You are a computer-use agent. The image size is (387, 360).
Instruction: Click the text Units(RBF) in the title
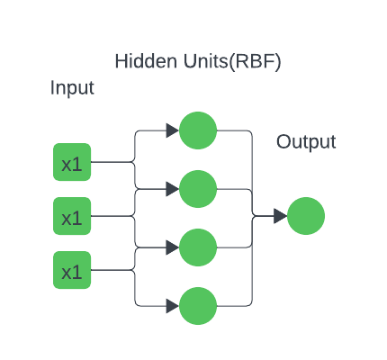228,62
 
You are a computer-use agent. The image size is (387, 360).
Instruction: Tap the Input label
72,88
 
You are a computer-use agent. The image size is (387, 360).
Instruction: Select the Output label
305,142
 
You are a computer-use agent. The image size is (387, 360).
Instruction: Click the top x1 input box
72,163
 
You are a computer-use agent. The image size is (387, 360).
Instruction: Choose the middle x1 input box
72,217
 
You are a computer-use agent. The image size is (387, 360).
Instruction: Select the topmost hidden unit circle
198,130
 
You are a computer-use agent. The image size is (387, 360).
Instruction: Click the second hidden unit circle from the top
198,189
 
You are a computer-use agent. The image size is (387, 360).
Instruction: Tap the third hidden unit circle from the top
198,247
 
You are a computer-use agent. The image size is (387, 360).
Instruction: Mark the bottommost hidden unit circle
198,306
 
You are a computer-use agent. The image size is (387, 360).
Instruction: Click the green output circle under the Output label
306,216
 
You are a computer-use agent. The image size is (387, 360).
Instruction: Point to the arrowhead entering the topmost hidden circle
172,130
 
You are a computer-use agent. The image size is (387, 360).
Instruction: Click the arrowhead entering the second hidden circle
172,189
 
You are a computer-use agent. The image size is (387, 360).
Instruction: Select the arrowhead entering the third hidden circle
172,247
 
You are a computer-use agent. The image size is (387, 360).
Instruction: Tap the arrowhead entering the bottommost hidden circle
172,306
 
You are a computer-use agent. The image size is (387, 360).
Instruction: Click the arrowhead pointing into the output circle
280,216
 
